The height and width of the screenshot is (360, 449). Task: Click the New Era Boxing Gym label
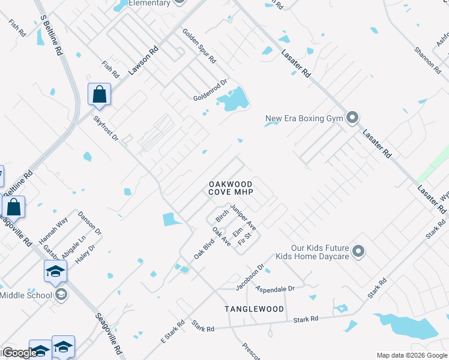point(304,118)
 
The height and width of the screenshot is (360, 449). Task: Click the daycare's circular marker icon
point(358,251)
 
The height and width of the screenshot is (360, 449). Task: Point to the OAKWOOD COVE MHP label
point(230,188)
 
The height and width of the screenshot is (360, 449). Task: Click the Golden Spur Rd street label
point(199,47)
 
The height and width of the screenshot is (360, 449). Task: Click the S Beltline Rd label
point(50,37)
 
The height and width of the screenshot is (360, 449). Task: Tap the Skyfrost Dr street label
point(106,129)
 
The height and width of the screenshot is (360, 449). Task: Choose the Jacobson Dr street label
point(250,277)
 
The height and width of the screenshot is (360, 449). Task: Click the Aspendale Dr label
point(275,289)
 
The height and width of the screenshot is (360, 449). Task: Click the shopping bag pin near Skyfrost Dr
point(99,95)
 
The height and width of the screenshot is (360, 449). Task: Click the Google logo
point(20,353)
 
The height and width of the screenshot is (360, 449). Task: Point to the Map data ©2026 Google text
point(411,355)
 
